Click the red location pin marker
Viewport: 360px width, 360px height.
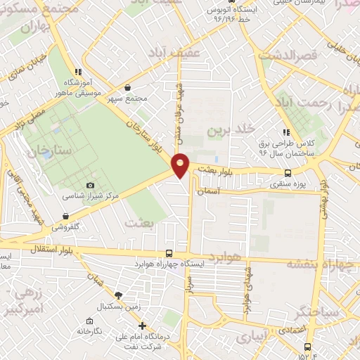181,165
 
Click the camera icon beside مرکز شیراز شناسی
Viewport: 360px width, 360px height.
90,185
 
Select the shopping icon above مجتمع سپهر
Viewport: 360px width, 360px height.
127,87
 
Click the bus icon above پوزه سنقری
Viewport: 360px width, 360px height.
288,173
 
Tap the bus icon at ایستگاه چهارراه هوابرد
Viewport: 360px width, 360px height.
168,252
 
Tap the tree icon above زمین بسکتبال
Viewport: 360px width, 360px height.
117,296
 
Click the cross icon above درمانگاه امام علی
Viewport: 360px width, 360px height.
143,326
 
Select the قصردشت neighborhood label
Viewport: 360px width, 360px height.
288,54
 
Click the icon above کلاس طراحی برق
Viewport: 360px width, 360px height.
285,131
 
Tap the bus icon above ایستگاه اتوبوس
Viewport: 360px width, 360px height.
210,10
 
